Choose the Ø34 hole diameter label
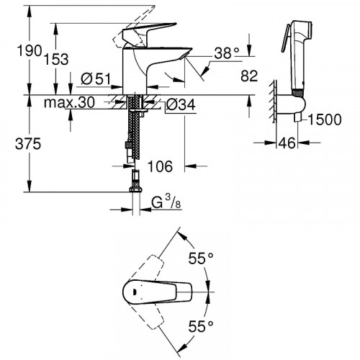pyautogui.click(x=181, y=105)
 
